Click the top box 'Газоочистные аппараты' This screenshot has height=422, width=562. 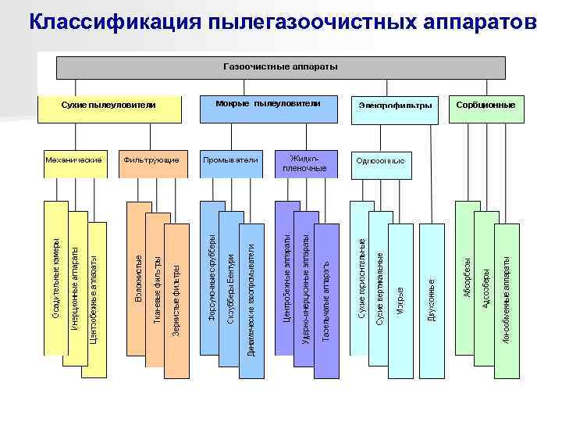[x=280, y=67]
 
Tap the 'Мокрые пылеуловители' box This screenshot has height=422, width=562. [x=268, y=105]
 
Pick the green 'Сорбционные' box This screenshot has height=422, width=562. [x=485, y=104]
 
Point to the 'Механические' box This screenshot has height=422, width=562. [x=73, y=160]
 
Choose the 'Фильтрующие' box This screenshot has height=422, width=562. [x=151, y=160]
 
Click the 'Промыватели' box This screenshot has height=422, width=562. [x=230, y=160]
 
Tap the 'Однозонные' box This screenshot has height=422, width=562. [x=380, y=161]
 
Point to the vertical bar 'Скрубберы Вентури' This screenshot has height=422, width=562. [x=230, y=289]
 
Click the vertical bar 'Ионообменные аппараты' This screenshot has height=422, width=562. [x=506, y=297]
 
